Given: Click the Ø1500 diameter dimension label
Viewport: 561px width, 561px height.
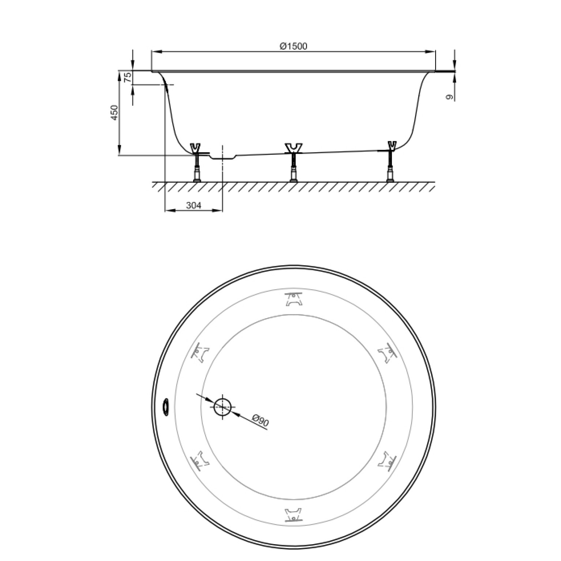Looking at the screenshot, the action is click(293, 46).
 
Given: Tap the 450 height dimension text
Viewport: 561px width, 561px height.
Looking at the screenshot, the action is click(114, 113).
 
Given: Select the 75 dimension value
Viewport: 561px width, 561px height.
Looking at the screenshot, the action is click(127, 77).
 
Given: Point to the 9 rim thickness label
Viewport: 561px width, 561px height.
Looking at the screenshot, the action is click(449, 97).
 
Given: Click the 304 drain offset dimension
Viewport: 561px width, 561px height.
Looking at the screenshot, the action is click(193, 206).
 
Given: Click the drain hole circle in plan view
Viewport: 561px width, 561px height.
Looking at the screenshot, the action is click(222, 407).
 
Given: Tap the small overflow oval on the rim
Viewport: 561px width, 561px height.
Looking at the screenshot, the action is click(166, 407).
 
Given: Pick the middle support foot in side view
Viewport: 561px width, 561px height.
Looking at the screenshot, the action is click(293, 162).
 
